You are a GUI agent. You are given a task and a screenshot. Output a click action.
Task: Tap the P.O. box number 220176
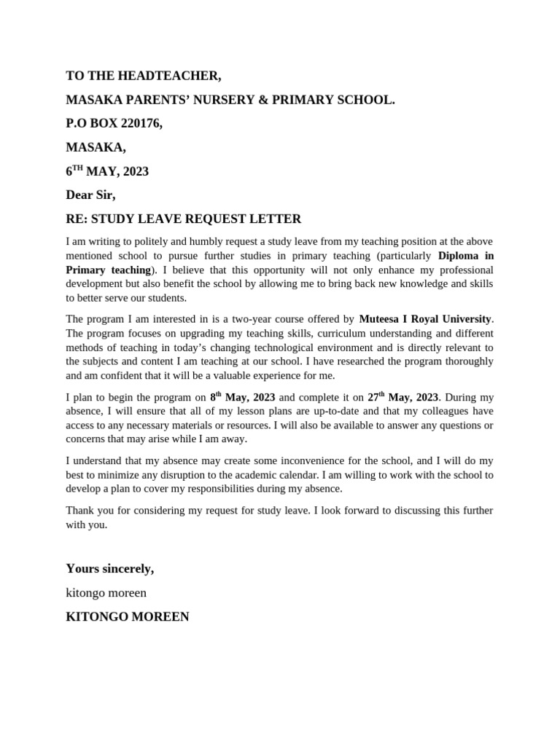[135, 124]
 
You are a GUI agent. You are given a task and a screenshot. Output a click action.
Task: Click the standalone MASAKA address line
[96, 148]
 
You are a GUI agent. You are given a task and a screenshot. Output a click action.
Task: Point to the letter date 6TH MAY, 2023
[107, 172]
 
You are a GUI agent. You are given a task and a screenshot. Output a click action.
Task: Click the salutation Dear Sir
[90, 195]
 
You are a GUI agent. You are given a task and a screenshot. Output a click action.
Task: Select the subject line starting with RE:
[183, 219]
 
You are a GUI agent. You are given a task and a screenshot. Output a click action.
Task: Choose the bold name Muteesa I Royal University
[426, 319]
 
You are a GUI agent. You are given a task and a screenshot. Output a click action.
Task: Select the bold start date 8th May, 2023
[242, 397]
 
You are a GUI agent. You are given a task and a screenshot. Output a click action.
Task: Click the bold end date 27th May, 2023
[402, 397]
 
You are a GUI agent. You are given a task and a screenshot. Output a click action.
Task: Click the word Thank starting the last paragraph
[80, 511]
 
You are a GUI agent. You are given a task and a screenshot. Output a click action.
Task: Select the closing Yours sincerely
[109, 569]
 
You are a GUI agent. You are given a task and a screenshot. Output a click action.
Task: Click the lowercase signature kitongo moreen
[106, 593]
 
